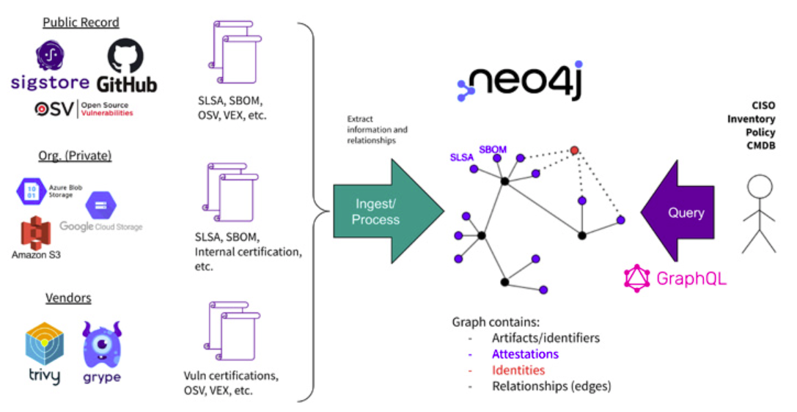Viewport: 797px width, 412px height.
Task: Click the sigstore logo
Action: coord(50,66)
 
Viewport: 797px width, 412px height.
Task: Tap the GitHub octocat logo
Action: coord(125,65)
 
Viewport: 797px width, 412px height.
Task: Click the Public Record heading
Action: coord(81,23)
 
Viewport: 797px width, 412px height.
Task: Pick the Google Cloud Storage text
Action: coord(100,227)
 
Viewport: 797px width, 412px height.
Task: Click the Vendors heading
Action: coord(68,298)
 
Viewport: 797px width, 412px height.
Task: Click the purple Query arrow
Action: coord(677,213)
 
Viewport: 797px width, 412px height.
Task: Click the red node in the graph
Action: coord(574,150)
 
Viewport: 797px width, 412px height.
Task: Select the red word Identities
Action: coord(518,370)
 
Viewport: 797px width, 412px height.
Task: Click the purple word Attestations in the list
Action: coord(525,354)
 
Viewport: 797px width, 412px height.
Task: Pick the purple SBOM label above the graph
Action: coord(493,150)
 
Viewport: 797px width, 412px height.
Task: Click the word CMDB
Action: coord(760,146)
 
